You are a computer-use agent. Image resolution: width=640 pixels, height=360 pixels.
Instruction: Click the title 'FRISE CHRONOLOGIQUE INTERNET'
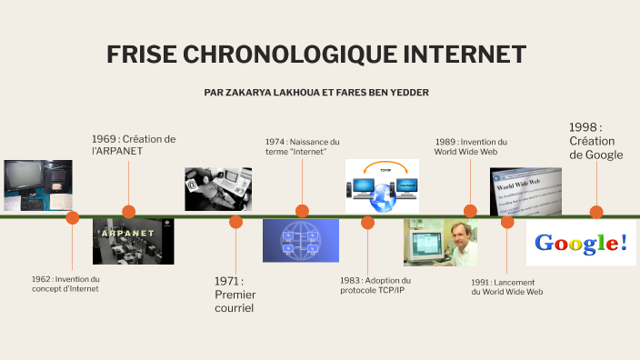pyautogui.click(x=316, y=55)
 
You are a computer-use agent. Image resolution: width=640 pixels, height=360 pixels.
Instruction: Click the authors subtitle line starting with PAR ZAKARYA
pyautogui.click(x=317, y=93)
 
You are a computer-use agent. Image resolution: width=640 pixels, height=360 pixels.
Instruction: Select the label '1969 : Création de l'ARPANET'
pyautogui.click(x=133, y=145)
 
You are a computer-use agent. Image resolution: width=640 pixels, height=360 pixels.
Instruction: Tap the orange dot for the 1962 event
pyautogui.click(x=73, y=217)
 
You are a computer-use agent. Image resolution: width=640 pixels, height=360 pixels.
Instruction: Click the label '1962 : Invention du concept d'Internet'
pyautogui.click(x=65, y=284)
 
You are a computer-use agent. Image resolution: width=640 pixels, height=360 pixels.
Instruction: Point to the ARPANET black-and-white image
pyautogui.click(x=133, y=242)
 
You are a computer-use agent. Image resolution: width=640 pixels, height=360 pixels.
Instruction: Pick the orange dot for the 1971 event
pyautogui.click(x=236, y=222)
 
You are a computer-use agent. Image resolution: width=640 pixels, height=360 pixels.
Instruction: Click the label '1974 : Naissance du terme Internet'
pyautogui.click(x=302, y=146)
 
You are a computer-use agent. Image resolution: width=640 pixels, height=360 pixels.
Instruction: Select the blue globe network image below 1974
pyautogui.click(x=301, y=241)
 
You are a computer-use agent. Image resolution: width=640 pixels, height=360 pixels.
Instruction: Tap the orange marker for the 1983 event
pyautogui.click(x=367, y=222)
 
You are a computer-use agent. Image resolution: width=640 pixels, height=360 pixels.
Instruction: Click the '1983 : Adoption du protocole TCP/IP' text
pyautogui.click(x=375, y=285)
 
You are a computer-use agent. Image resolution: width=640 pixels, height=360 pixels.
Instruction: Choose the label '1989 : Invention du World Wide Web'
pyautogui.click(x=470, y=146)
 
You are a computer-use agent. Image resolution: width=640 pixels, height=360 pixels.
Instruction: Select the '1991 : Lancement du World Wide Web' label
pyautogui.click(x=506, y=286)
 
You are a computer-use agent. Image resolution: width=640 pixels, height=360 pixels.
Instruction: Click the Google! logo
pyautogui.click(x=581, y=243)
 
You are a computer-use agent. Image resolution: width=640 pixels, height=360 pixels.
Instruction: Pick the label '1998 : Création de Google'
pyautogui.click(x=595, y=141)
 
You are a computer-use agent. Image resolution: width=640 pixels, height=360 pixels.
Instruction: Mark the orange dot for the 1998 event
pyautogui.click(x=596, y=212)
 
